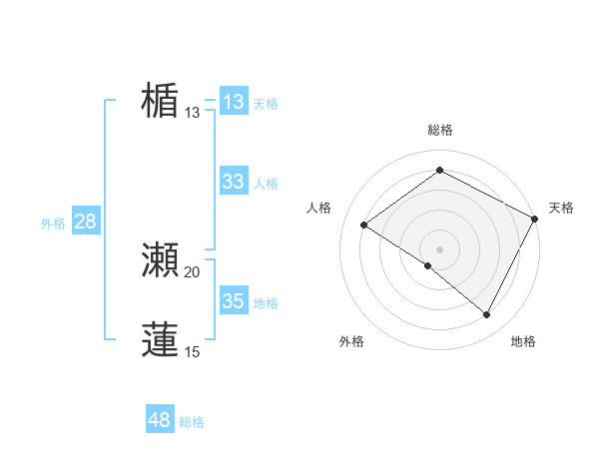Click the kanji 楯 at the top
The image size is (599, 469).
click(x=161, y=101)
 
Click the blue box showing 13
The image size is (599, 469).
click(x=234, y=102)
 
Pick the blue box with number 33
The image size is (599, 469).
click(x=234, y=182)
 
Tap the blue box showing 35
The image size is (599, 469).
click(x=234, y=300)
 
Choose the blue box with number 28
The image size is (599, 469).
click(x=85, y=222)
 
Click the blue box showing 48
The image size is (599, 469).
click(x=160, y=420)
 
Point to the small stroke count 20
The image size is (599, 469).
click(x=193, y=272)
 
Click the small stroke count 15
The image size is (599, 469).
click(x=193, y=351)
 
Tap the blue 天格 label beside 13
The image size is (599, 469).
click(x=266, y=104)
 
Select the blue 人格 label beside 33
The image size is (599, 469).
click(x=266, y=184)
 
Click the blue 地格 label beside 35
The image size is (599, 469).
click(x=266, y=303)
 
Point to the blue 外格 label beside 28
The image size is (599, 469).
click(x=53, y=224)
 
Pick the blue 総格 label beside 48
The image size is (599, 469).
click(x=192, y=422)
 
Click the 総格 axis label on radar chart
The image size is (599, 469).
click(x=439, y=130)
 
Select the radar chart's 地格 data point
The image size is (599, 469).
click(x=487, y=314)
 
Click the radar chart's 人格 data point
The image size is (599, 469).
click(x=364, y=225)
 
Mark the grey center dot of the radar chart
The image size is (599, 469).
click(x=439, y=248)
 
